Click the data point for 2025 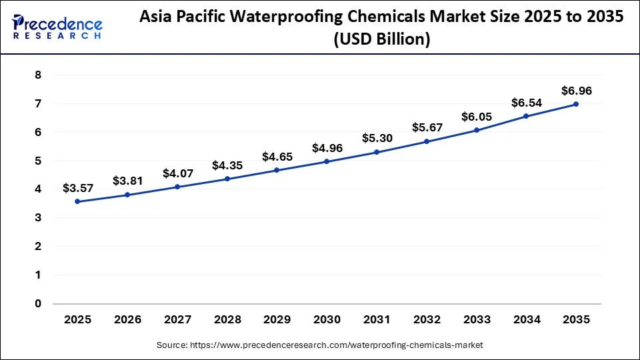pyautogui.click(x=78, y=201)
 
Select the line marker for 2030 pyautogui.click(x=327, y=161)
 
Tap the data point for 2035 pyautogui.click(x=576, y=104)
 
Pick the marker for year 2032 pyautogui.click(x=427, y=141)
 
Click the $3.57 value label pyautogui.click(x=78, y=188)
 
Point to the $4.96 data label pyautogui.click(x=327, y=148)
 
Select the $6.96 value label pyautogui.click(x=576, y=91)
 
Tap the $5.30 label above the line pyautogui.click(x=377, y=138)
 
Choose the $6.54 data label pyautogui.click(x=527, y=103)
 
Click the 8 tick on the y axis pyautogui.click(x=38, y=75)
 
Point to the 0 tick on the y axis pyautogui.click(x=38, y=303)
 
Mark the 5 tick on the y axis pyautogui.click(x=38, y=161)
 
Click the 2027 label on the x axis pyautogui.click(x=177, y=319)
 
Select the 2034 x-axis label pyautogui.click(x=527, y=319)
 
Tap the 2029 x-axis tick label pyautogui.click(x=277, y=319)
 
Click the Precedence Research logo pyautogui.click(x=57, y=27)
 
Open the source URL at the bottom pyautogui.click(x=320, y=345)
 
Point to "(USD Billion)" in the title pyautogui.click(x=381, y=39)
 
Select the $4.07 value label pyautogui.click(x=177, y=173)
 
